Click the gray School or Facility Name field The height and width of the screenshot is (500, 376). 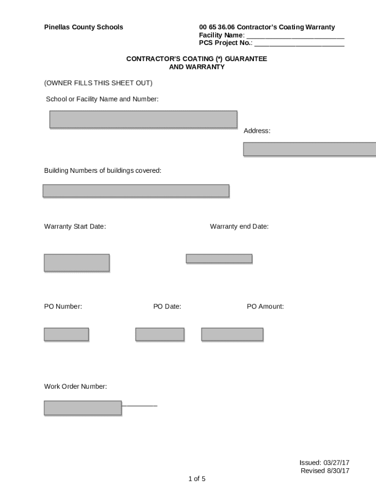click(143, 119)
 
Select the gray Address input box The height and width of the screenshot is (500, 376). click(309, 149)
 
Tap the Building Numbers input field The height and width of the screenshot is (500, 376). click(136, 190)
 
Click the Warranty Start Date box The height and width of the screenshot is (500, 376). click(77, 262)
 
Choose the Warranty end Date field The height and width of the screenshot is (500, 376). click(219, 258)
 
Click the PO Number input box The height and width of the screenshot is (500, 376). click(66, 334)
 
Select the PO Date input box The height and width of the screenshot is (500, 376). click(160, 334)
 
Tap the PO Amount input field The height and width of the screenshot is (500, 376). click(232, 334)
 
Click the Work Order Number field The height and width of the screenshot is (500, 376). click(83, 408)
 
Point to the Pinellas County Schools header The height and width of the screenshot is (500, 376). click(84, 27)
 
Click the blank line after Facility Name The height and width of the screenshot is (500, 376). click(295, 36)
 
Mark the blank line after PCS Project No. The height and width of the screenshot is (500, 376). click(299, 43)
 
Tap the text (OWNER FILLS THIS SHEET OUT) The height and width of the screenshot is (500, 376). click(98, 83)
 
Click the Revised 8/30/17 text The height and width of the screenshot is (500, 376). click(325, 471)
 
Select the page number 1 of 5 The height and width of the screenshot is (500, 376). click(197, 479)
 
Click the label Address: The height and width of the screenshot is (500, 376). click(257, 131)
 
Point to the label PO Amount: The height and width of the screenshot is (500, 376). click(265, 307)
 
